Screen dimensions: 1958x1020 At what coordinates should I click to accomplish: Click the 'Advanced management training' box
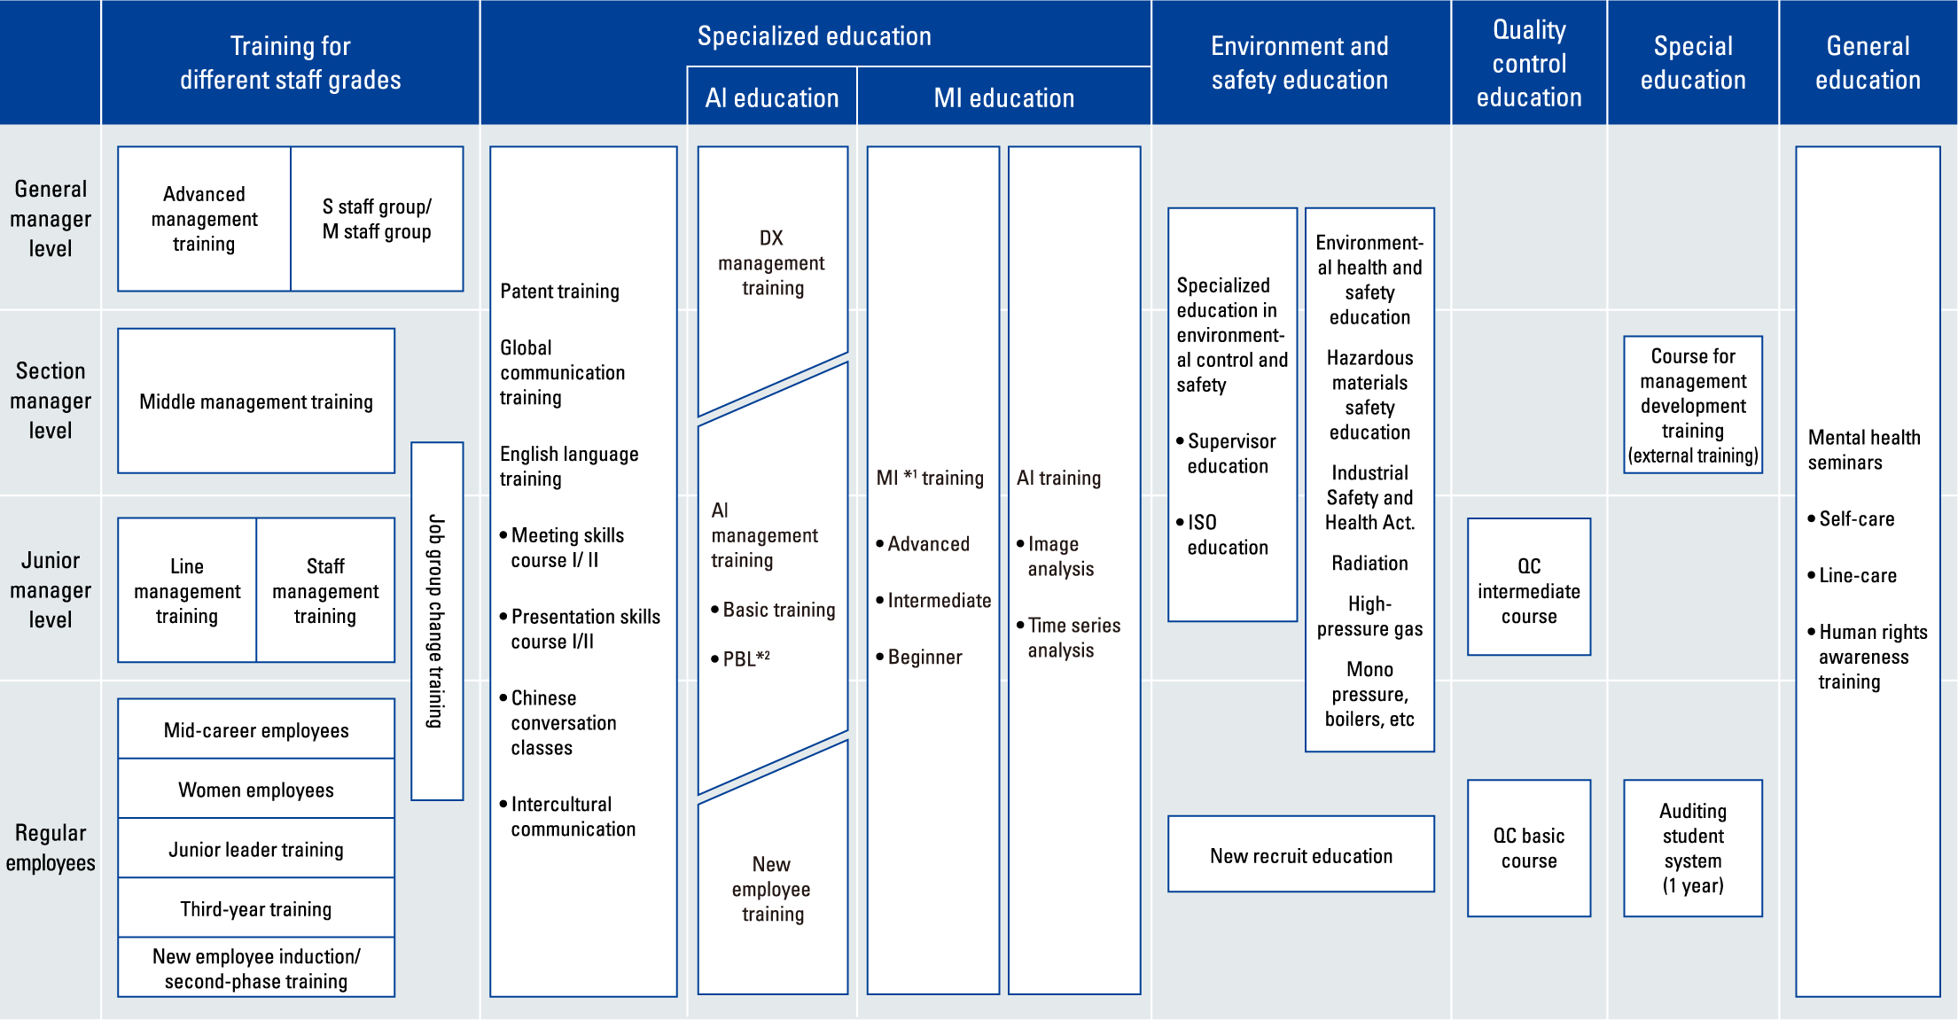(x=205, y=219)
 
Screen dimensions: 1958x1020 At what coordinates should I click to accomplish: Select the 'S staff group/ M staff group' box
(x=377, y=219)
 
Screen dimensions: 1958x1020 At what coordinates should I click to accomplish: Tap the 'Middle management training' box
(x=256, y=401)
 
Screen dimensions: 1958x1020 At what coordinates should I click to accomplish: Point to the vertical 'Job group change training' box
(x=437, y=621)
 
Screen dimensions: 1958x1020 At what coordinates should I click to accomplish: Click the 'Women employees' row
(x=256, y=789)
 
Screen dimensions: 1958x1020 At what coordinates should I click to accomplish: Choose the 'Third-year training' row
(x=256, y=908)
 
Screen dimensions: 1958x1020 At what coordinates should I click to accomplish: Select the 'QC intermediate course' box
(x=1529, y=587)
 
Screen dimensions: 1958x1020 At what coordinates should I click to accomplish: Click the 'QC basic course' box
(x=1529, y=848)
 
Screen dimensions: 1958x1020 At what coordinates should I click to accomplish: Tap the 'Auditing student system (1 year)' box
(x=1693, y=848)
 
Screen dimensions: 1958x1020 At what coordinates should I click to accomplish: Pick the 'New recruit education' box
(x=1301, y=854)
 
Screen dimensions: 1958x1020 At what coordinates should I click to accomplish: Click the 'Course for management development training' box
(x=1693, y=405)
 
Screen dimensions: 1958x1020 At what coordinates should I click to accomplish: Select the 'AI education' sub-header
(x=772, y=97)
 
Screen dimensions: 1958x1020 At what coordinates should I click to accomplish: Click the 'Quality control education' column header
(x=1529, y=63)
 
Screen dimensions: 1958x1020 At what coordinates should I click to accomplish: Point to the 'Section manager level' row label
(x=51, y=401)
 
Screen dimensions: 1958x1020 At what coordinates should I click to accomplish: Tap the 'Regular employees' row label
(x=51, y=847)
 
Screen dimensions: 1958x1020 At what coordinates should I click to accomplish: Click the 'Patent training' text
(x=559, y=292)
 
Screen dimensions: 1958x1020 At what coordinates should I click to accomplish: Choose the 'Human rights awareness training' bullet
(x=1868, y=657)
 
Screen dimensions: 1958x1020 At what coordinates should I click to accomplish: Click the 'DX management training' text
(x=772, y=263)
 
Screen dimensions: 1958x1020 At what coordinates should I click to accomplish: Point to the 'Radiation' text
(x=1369, y=563)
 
